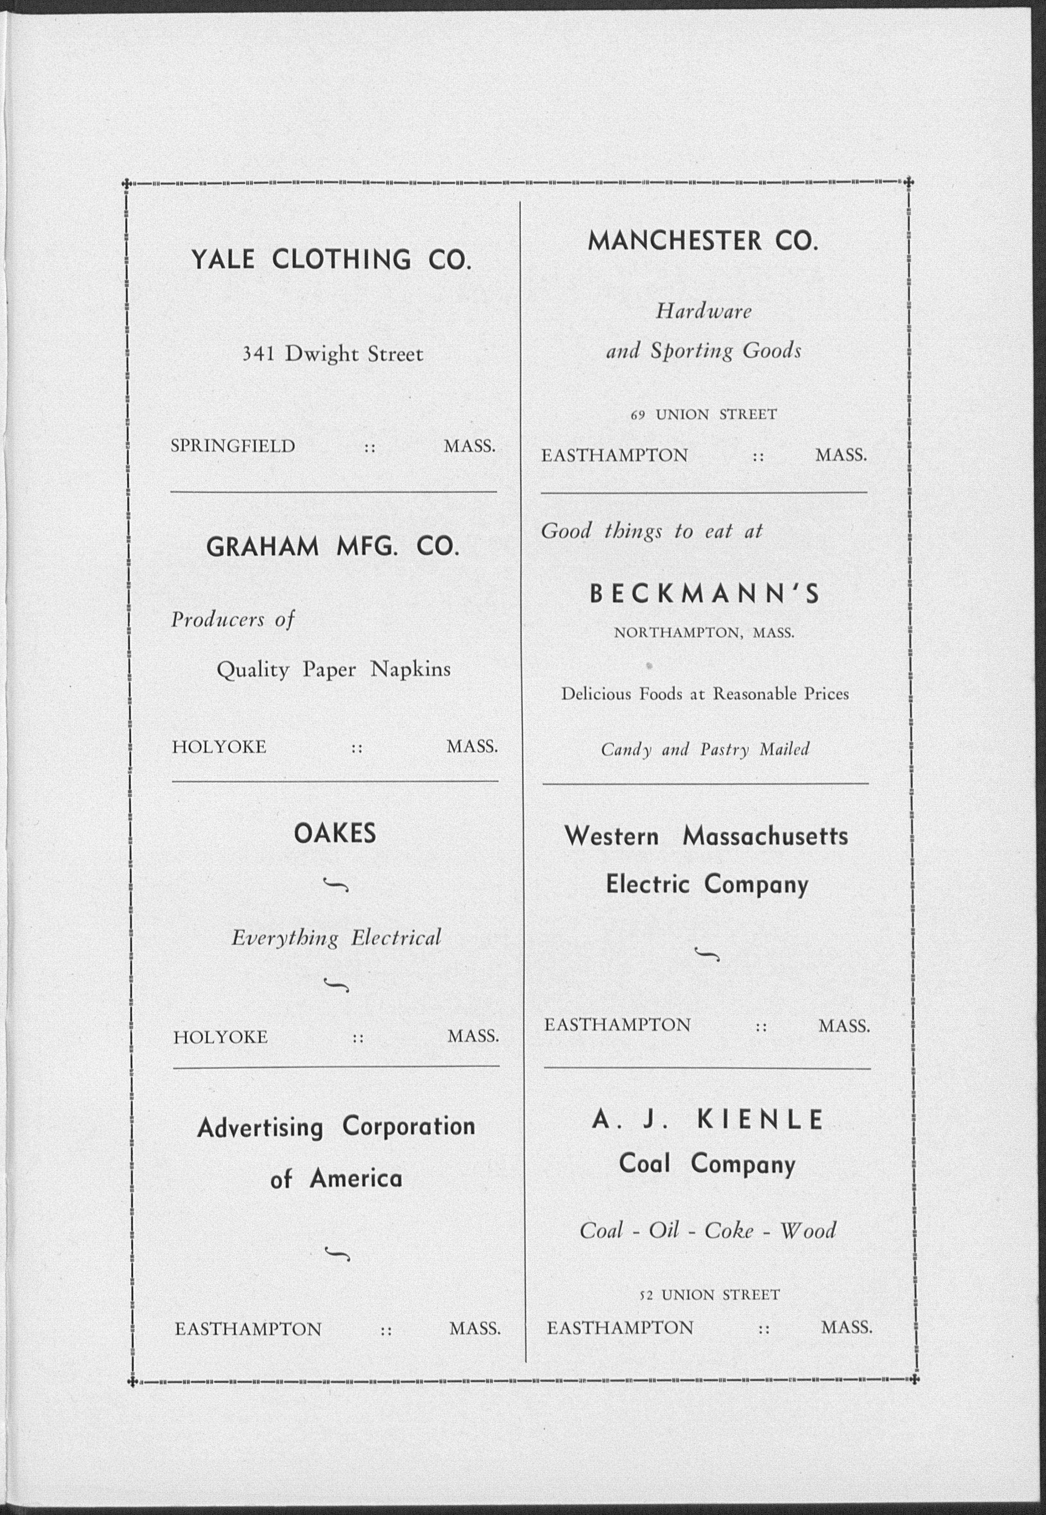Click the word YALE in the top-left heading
point(222,260)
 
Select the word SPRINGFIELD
point(233,446)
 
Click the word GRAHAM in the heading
point(262,547)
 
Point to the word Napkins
point(410,669)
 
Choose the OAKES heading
point(335,834)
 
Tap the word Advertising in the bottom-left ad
point(260,1127)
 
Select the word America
point(356,1179)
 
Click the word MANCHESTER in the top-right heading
point(674,241)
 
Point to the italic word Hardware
point(703,311)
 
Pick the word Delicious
point(596,694)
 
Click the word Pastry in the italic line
point(724,749)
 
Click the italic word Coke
point(729,1230)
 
